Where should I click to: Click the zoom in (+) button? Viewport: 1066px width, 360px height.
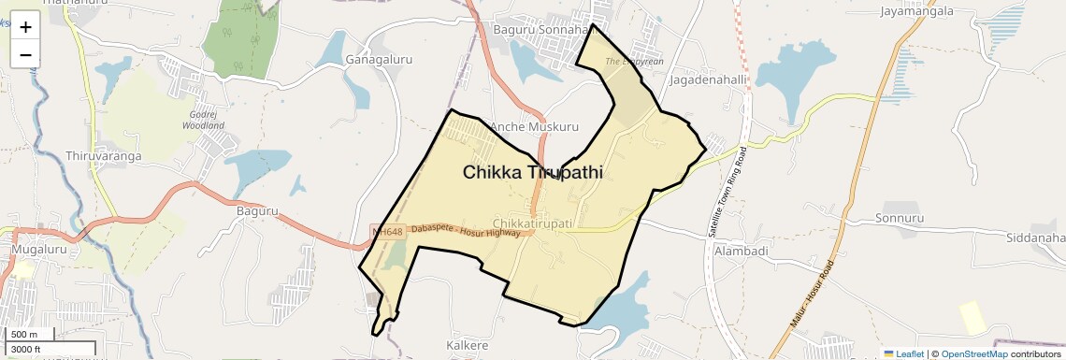[25, 27]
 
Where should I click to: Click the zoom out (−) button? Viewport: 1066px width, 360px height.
[25, 54]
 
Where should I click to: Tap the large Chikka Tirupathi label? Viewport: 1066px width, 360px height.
[532, 173]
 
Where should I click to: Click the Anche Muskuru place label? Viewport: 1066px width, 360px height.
[535, 126]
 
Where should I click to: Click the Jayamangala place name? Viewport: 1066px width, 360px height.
[916, 11]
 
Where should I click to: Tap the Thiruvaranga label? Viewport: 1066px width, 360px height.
[104, 155]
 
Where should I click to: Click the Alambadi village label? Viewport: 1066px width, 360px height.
[741, 252]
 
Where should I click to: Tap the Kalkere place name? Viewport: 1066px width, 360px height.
[467, 345]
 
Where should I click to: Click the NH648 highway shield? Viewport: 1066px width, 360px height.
[386, 231]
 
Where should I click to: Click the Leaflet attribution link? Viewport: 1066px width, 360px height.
[903, 353]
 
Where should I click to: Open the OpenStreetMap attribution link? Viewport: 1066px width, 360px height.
[973, 353]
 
